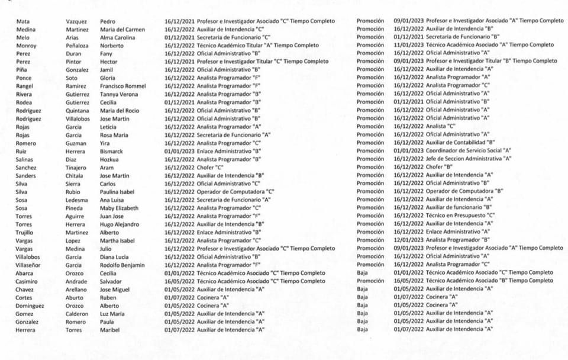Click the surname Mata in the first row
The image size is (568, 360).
(x=23, y=21)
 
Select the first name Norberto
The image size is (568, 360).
(x=112, y=45)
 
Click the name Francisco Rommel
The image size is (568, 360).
(x=123, y=86)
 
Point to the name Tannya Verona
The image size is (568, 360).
(x=119, y=94)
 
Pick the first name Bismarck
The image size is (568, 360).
(x=112, y=151)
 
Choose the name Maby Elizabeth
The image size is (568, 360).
(x=119, y=208)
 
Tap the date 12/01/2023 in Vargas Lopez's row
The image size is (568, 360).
(x=408, y=240)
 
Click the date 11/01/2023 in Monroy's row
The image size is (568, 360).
(x=408, y=45)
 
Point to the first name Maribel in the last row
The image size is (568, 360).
(x=111, y=330)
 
